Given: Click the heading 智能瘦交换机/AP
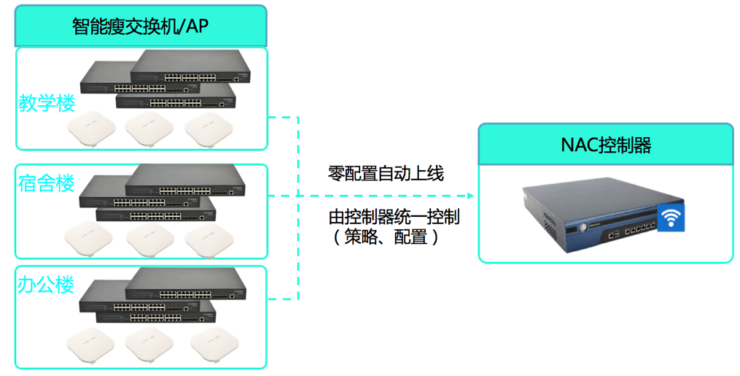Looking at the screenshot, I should pyautogui.click(x=141, y=26).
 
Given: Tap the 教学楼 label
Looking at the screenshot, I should pyautogui.click(x=47, y=102).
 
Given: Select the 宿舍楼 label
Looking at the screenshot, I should pyautogui.click(x=47, y=183).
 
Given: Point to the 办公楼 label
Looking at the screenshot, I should pyautogui.click(x=47, y=284).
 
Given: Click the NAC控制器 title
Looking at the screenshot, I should pyautogui.click(x=606, y=145).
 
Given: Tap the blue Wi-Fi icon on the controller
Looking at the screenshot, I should pyautogui.click(x=671, y=217).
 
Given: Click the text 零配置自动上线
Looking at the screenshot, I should pyautogui.click(x=386, y=174).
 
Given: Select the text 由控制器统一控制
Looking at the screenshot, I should pyautogui.click(x=394, y=217).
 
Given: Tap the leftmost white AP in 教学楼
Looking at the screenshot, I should pyautogui.click(x=92, y=131).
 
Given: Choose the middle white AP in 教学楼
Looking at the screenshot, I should pyautogui.click(x=149, y=131).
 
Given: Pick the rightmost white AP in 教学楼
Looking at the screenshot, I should pyautogui.click(x=207, y=131).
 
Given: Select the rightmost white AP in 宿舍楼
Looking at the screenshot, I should pyautogui.click(x=209, y=240).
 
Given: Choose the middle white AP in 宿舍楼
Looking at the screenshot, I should pyautogui.click(x=149, y=240).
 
